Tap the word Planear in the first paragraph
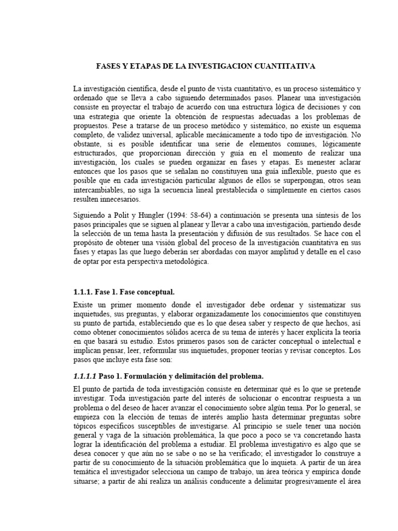pos(290,97)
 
